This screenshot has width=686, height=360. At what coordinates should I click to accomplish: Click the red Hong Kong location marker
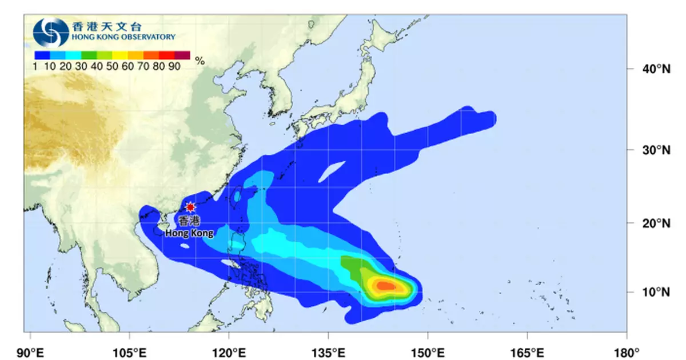[x=190, y=207]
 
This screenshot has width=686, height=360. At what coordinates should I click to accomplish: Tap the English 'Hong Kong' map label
[x=189, y=233]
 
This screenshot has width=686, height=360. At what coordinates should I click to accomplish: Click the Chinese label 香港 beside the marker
[x=190, y=222]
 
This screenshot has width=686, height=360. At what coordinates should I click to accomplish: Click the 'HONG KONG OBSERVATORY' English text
[x=123, y=37]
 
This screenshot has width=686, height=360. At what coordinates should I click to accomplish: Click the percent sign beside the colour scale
[x=200, y=61]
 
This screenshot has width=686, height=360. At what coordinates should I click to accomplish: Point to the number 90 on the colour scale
[x=174, y=66]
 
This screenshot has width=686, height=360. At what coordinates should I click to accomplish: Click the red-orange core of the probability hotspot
[x=385, y=286]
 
